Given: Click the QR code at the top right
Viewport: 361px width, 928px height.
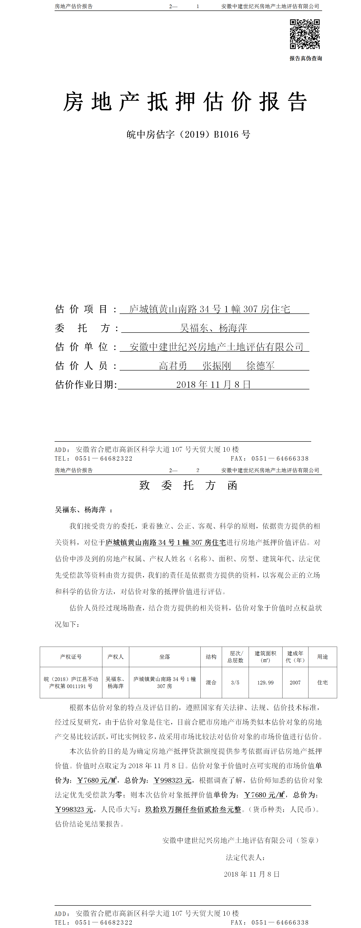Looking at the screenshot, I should (x=305, y=34).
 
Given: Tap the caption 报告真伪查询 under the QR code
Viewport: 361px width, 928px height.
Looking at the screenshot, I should (x=305, y=58).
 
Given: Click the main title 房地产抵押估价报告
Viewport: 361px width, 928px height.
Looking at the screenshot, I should (x=185, y=102).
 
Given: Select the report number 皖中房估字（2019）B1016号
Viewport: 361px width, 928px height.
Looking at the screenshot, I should (x=188, y=134).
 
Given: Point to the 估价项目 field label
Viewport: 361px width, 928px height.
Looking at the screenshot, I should (x=81, y=309).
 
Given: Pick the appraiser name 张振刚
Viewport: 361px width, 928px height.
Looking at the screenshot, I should (x=217, y=366).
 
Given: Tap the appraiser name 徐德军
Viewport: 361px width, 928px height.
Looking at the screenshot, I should (x=260, y=366).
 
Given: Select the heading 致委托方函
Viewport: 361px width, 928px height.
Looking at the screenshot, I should (x=188, y=485).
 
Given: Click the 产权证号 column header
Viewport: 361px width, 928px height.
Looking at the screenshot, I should (x=71, y=657).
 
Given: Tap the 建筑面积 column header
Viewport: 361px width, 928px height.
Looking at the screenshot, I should (x=265, y=657).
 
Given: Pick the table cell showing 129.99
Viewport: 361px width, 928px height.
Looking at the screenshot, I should (x=265, y=683).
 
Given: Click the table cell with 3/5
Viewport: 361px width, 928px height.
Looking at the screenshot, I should (x=235, y=683).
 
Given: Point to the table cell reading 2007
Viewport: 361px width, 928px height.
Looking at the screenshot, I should (x=295, y=683).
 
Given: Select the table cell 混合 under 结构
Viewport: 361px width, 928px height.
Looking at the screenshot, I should (x=211, y=683).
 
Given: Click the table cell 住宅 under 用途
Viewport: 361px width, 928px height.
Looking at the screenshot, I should (x=323, y=683).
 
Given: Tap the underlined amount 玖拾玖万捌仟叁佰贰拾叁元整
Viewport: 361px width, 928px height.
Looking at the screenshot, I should (x=193, y=809).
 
